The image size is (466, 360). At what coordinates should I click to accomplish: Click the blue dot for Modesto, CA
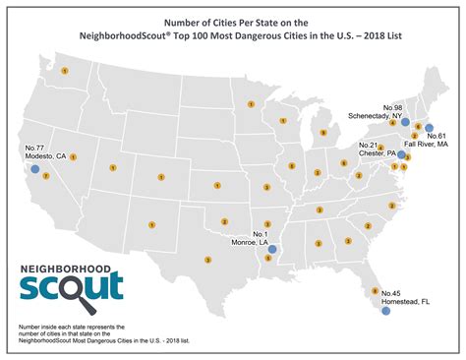[35, 169]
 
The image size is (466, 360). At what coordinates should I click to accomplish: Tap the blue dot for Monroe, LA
[272, 249]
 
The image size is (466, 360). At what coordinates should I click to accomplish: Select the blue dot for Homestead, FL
[385, 310]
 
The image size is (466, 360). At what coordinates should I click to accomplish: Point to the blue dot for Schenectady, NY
[405, 121]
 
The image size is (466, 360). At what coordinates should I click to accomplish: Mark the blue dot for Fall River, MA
[429, 127]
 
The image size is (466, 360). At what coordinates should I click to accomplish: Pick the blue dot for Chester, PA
[401, 154]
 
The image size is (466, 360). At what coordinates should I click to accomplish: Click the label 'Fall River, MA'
[428, 145]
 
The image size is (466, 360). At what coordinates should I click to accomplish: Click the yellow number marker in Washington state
[64, 71]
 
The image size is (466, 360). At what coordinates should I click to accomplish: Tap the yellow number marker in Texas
[207, 260]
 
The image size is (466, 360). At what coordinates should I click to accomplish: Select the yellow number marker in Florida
[373, 289]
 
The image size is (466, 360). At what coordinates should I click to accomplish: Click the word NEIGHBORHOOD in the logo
[67, 268]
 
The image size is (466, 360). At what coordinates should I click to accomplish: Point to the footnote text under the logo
[88, 331]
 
